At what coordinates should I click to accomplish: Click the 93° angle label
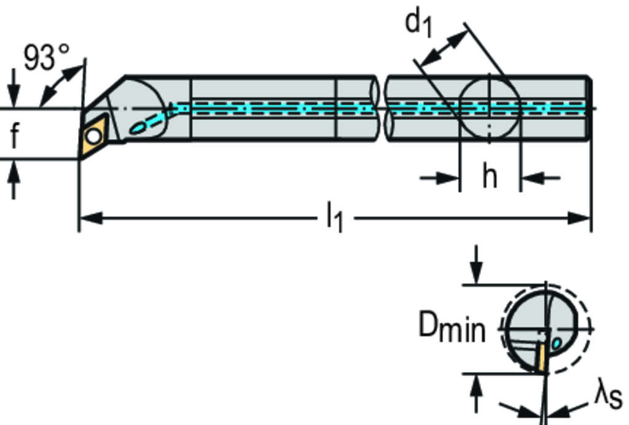pyautogui.click(x=47, y=57)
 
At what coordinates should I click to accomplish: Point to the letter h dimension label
pyautogui.click(x=489, y=177)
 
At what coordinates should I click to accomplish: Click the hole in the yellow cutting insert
pyautogui.click(x=94, y=135)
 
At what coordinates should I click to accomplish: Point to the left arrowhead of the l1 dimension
pyautogui.click(x=89, y=217)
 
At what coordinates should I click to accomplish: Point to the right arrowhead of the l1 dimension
pyautogui.click(x=580, y=217)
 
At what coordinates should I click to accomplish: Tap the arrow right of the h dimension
pyautogui.click(x=531, y=179)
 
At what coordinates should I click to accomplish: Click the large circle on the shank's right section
pyautogui.click(x=490, y=109)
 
